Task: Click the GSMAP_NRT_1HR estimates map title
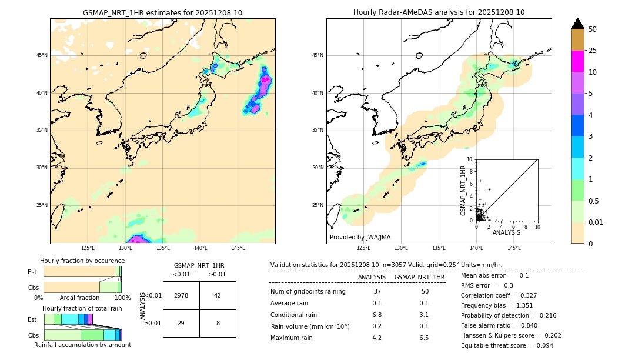click(162, 12)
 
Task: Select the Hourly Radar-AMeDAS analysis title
click(439, 12)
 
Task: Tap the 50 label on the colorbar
click(593, 29)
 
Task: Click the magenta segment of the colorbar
click(577, 61)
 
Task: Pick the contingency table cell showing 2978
click(181, 295)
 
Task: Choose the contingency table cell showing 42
click(218, 295)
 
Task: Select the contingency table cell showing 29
click(181, 323)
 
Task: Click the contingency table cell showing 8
click(218, 323)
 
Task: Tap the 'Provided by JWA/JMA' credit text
click(360, 238)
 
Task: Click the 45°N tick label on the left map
click(42, 55)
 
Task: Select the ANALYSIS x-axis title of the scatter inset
click(506, 232)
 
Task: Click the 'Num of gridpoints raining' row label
click(308, 292)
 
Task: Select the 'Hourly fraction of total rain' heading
click(82, 308)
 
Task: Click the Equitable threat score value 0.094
click(539, 346)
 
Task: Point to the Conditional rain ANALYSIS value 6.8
click(377, 315)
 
